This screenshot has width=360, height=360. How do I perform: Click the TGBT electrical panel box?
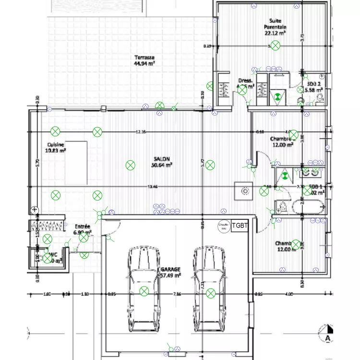240,225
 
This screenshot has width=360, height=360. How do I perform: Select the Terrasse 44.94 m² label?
144,60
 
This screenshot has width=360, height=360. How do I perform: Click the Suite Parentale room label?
275,30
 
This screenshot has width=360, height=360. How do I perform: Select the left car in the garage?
143,289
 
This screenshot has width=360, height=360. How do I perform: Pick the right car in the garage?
210,289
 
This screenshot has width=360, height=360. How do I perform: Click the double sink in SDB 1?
311,170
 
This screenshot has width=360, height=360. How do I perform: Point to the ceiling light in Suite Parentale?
275,46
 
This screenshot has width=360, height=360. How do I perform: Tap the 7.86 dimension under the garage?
177,294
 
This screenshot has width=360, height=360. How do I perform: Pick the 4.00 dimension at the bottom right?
289,294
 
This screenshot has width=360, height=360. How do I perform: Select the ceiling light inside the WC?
48,259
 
